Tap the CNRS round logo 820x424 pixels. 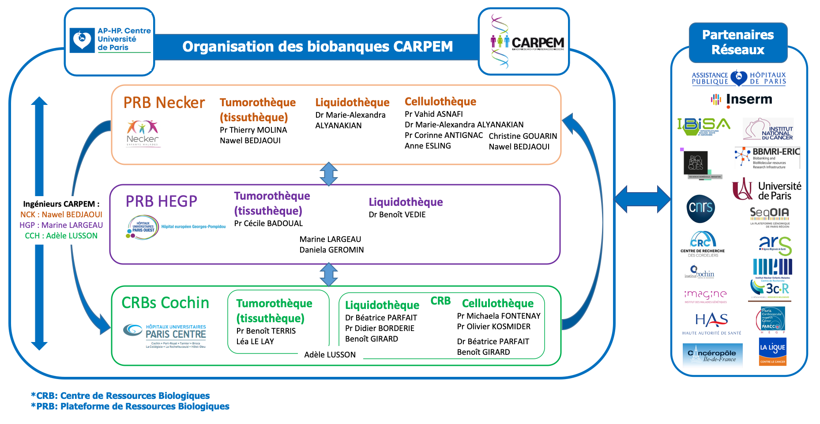tap(700, 208)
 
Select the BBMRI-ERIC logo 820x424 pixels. tap(767, 158)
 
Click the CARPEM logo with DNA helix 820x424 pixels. tap(524, 42)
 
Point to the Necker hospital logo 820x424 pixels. tap(142, 133)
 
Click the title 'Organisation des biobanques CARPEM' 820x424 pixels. tap(317, 47)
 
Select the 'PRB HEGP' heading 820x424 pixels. tap(162, 201)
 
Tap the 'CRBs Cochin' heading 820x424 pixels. tap(165, 303)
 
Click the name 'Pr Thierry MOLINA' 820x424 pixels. tap(253, 130)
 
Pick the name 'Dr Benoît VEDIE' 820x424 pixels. tap(397, 215)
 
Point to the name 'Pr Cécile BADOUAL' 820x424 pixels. tap(268, 223)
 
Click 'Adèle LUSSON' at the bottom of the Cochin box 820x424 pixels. tap(330, 355)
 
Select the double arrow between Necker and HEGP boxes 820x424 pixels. tap(329, 174)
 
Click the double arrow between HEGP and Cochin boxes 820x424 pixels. tap(329, 275)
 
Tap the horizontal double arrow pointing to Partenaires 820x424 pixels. tap(642, 199)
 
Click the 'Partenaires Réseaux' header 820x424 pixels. tap(738, 42)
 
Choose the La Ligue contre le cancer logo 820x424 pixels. tap(772, 352)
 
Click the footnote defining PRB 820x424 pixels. tap(130, 406)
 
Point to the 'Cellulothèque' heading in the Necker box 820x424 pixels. tap(440, 102)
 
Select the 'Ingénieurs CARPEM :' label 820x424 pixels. tap(61, 204)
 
